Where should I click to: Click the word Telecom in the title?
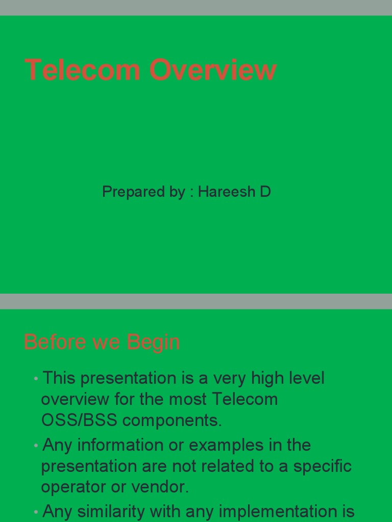(x=82, y=69)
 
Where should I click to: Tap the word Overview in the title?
(x=213, y=69)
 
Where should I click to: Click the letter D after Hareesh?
(x=265, y=192)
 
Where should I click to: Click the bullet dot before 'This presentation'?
(x=36, y=379)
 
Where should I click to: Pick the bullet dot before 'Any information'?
(x=36, y=446)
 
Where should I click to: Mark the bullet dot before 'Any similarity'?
(x=36, y=511)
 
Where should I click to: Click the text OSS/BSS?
(x=79, y=420)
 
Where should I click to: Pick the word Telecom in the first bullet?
(x=244, y=399)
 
